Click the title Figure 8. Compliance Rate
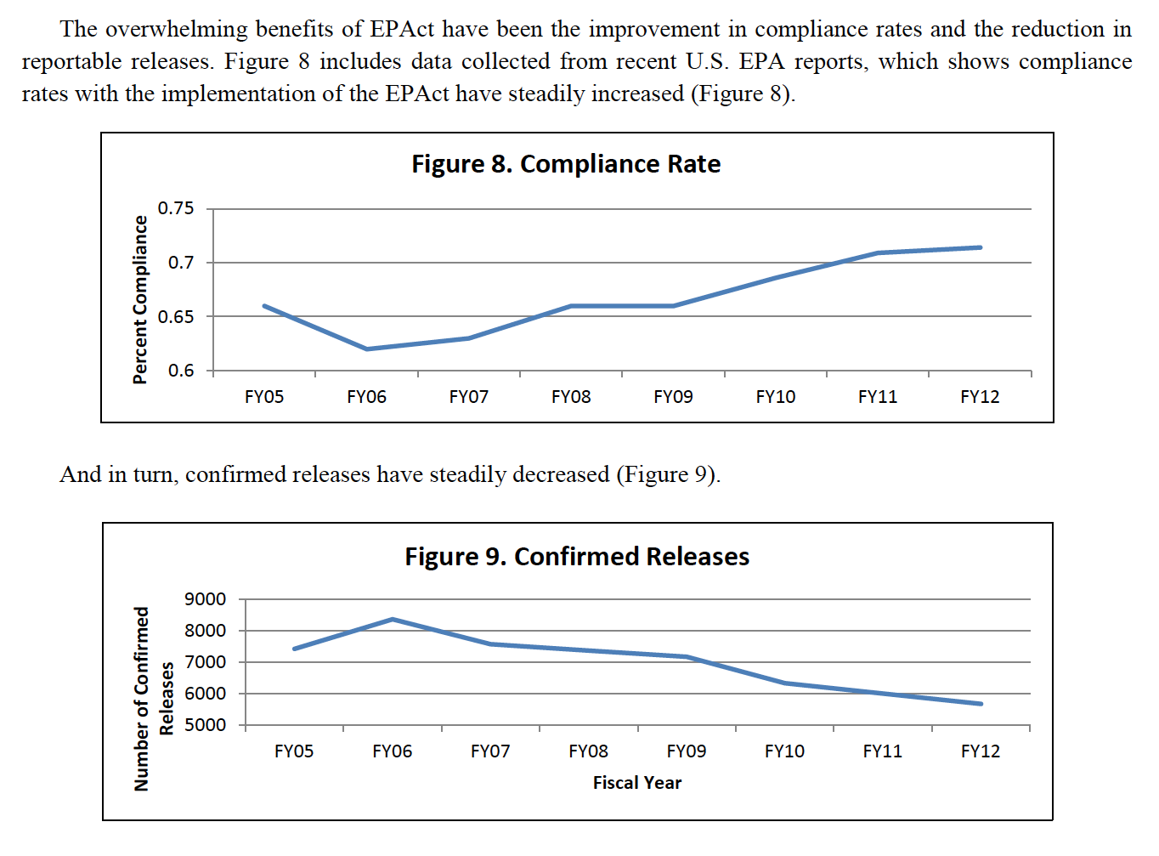[x=566, y=164]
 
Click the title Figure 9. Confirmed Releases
[x=577, y=557]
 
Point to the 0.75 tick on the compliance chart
[x=176, y=208]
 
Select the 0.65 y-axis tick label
[x=176, y=317]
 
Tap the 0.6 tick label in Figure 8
[x=180, y=371]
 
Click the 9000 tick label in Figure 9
[x=205, y=599]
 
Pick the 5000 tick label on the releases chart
[x=205, y=725]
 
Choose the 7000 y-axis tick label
[x=205, y=662]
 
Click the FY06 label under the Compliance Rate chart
[x=366, y=397]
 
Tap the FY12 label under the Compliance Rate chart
[x=980, y=397]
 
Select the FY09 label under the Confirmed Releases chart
[x=686, y=751]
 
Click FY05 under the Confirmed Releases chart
[x=294, y=751]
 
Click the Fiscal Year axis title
[x=636, y=783]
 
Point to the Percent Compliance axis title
[x=140, y=299]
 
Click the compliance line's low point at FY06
[x=367, y=349]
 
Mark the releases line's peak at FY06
[x=393, y=619]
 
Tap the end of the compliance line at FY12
[x=981, y=247]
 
